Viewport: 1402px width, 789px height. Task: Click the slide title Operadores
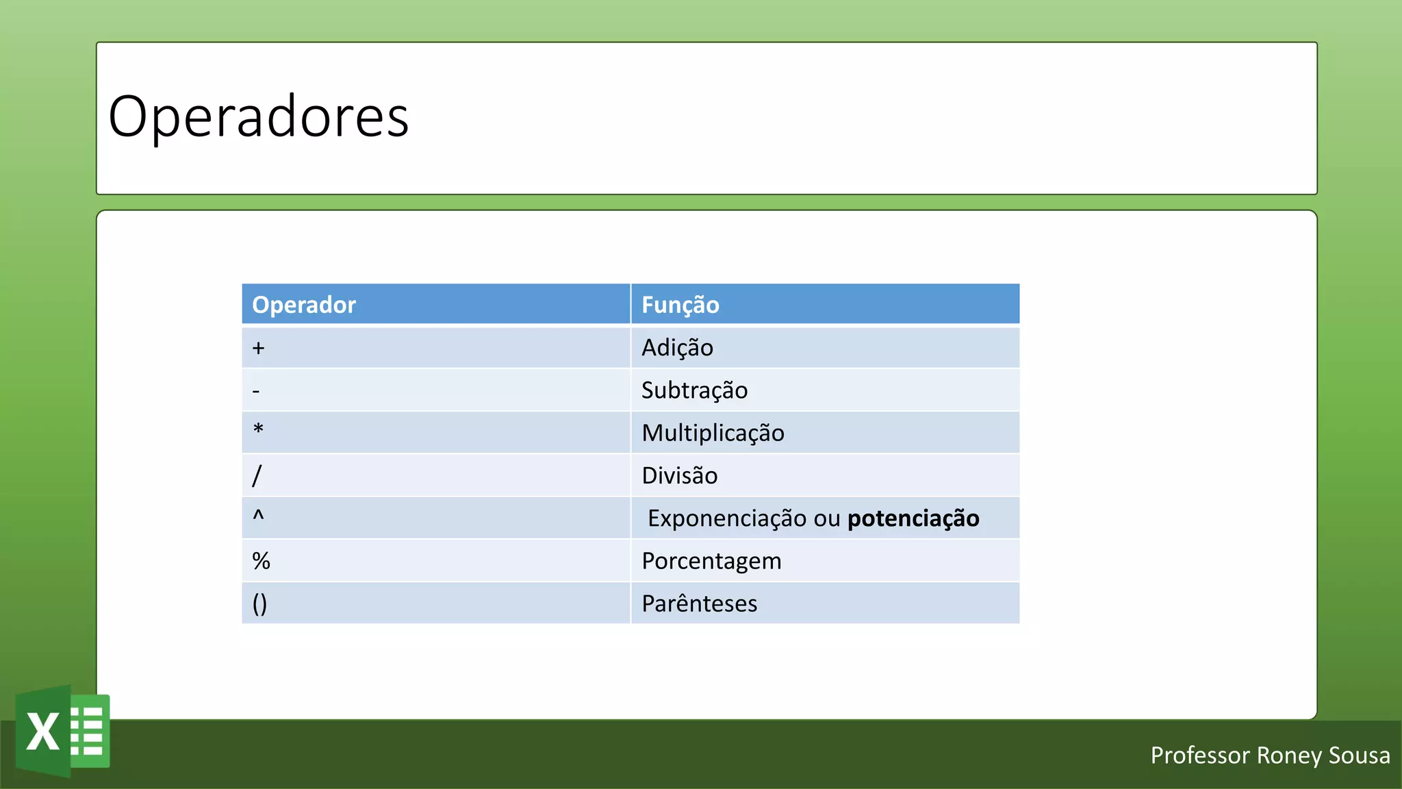coord(259,117)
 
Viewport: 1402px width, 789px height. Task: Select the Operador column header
coord(304,305)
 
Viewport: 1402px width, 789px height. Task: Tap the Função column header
coord(680,305)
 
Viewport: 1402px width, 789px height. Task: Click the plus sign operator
coord(258,348)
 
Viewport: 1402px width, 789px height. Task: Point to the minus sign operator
coord(256,392)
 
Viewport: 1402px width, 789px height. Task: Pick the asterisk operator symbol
coord(258,430)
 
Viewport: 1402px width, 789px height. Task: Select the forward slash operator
coord(257,475)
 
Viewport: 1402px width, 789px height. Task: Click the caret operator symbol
coord(258,516)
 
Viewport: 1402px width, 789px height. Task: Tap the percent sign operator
coord(261,561)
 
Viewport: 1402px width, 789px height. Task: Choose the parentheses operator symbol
coord(259,604)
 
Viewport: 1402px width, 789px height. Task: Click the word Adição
coord(677,348)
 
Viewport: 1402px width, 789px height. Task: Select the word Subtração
coord(694,390)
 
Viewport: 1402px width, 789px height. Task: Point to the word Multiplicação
coord(713,434)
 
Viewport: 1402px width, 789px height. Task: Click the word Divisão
coord(679,476)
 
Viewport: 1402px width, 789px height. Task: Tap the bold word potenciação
coord(913,519)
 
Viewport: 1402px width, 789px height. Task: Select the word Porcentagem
coord(711,562)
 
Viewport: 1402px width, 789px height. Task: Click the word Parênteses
coord(699,604)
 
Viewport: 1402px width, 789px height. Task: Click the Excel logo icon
coord(63,731)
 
